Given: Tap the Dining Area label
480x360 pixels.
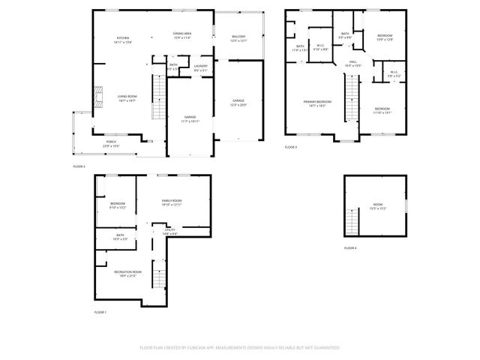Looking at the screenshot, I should pos(182,34).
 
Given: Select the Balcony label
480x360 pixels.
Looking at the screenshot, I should pos(238,37).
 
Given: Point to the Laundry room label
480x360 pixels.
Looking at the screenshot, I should pos(199,67).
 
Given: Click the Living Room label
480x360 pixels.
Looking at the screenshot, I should pos(126,97).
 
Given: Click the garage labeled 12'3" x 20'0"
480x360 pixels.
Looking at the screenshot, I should pos(238,101).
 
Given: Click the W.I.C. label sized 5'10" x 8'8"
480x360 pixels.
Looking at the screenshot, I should pos(320,47).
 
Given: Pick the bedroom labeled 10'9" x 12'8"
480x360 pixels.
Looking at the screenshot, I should pos(384,37).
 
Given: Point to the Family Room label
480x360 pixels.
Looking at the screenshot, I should pos(172,202).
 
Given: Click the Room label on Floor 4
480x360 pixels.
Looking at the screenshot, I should pos(377,205).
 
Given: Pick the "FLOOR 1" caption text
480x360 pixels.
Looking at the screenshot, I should pos(100,311).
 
